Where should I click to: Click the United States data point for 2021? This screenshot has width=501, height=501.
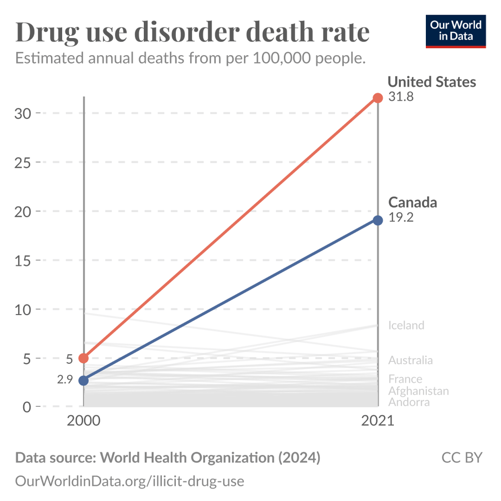(378, 98)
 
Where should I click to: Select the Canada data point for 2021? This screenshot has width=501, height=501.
(378, 220)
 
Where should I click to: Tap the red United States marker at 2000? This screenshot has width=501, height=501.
(84, 358)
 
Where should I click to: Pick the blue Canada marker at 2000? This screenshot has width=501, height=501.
(84, 380)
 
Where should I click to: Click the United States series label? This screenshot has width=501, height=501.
(432, 82)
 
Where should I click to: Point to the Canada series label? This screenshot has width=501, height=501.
(413, 202)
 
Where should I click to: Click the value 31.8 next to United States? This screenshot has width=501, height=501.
(401, 97)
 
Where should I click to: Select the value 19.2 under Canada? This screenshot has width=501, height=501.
(401, 218)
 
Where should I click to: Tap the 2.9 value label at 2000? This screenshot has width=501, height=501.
(66, 380)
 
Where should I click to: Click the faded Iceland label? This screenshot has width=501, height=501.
(406, 326)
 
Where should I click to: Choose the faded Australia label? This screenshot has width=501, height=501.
(410, 360)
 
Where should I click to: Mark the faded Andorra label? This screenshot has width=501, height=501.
(409, 402)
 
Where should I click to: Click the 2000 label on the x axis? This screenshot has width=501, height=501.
(84, 421)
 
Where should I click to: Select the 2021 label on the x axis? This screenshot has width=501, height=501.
(378, 421)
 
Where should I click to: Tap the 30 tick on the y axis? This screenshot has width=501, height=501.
(23, 113)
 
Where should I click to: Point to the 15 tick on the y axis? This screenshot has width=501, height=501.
(23, 261)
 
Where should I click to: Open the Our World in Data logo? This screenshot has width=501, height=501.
(456, 31)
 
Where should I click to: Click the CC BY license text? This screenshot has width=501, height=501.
(461, 457)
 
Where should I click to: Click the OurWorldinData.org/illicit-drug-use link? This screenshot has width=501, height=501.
(130, 481)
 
